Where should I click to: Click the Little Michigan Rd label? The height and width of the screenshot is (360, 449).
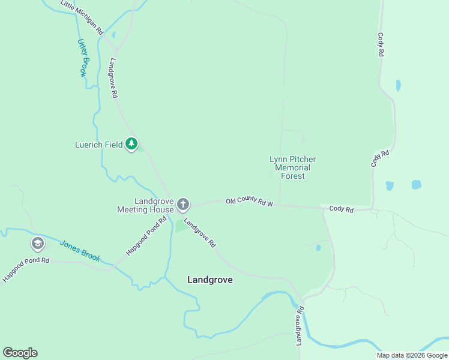click(83, 17)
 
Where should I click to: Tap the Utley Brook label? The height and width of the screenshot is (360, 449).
click(82, 58)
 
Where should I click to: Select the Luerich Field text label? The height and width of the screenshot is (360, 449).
click(98, 145)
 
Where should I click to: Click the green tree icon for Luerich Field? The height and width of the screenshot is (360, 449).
click(132, 144)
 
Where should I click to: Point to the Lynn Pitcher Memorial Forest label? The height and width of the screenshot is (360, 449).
click(292, 167)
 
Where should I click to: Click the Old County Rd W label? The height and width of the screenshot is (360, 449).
click(249, 202)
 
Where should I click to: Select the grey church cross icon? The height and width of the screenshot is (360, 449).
click(183, 205)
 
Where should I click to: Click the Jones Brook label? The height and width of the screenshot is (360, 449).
click(79, 251)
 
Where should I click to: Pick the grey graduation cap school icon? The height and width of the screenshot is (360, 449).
click(38, 244)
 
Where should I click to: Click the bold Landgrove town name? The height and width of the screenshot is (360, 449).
click(209, 280)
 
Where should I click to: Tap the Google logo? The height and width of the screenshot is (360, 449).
click(20, 353)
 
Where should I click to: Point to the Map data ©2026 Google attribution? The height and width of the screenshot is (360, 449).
click(411, 355)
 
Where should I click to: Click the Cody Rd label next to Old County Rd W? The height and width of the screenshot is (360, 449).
click(341, 209)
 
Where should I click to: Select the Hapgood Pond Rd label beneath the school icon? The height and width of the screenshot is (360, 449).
click(25, 271)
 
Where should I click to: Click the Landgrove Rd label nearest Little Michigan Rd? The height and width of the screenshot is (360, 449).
click(113, 78)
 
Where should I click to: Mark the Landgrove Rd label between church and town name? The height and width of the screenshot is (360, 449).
click(200, 233)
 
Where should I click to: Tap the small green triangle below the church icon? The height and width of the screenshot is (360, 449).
click(181, 227)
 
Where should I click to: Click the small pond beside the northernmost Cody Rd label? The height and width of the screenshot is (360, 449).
click(398, 86)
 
